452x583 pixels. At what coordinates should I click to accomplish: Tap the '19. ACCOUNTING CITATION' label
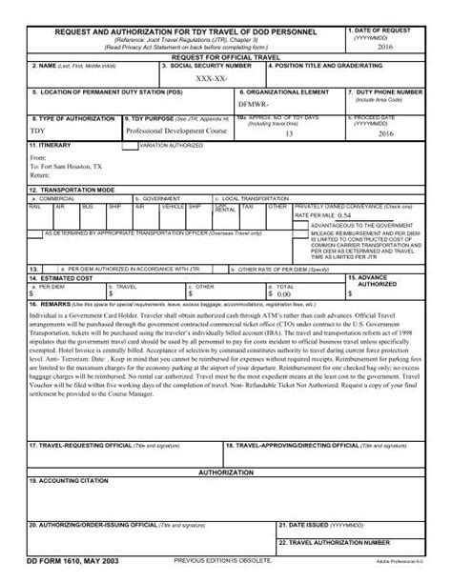pyautogui.click(x=68, y=481)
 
